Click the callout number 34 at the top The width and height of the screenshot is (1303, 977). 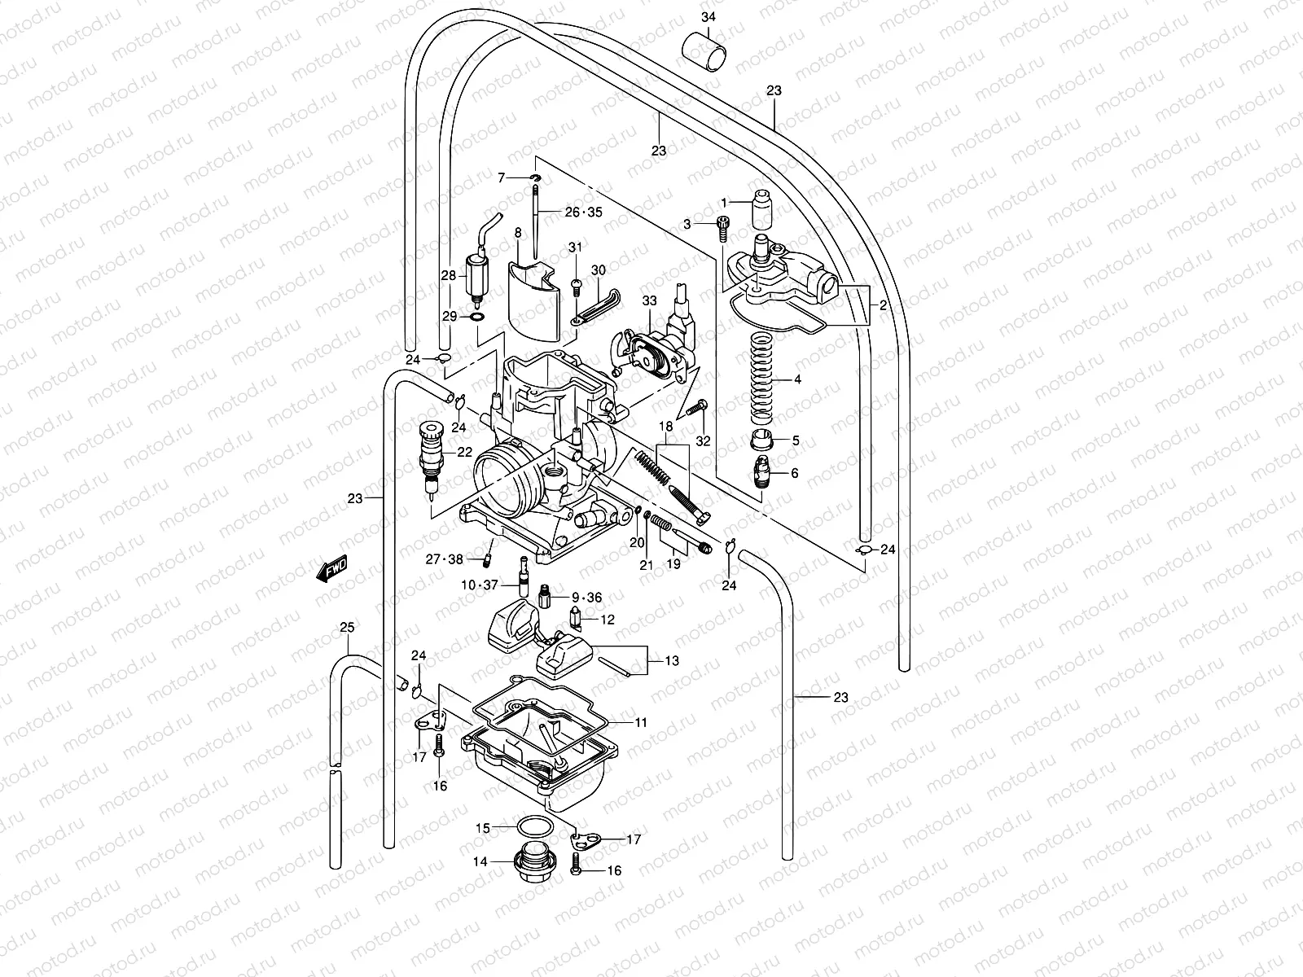709,17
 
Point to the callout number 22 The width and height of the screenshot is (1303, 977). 464,453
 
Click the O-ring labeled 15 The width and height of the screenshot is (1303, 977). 534,828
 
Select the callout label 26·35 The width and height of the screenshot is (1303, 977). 583,212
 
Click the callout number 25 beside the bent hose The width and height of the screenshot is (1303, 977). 347,627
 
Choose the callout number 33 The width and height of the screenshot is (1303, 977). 649,301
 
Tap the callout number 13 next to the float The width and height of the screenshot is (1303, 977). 671,661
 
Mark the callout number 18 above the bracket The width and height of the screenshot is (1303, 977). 666,427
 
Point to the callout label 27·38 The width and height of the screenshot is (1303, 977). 444,559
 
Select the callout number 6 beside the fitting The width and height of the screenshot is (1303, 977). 795,473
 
